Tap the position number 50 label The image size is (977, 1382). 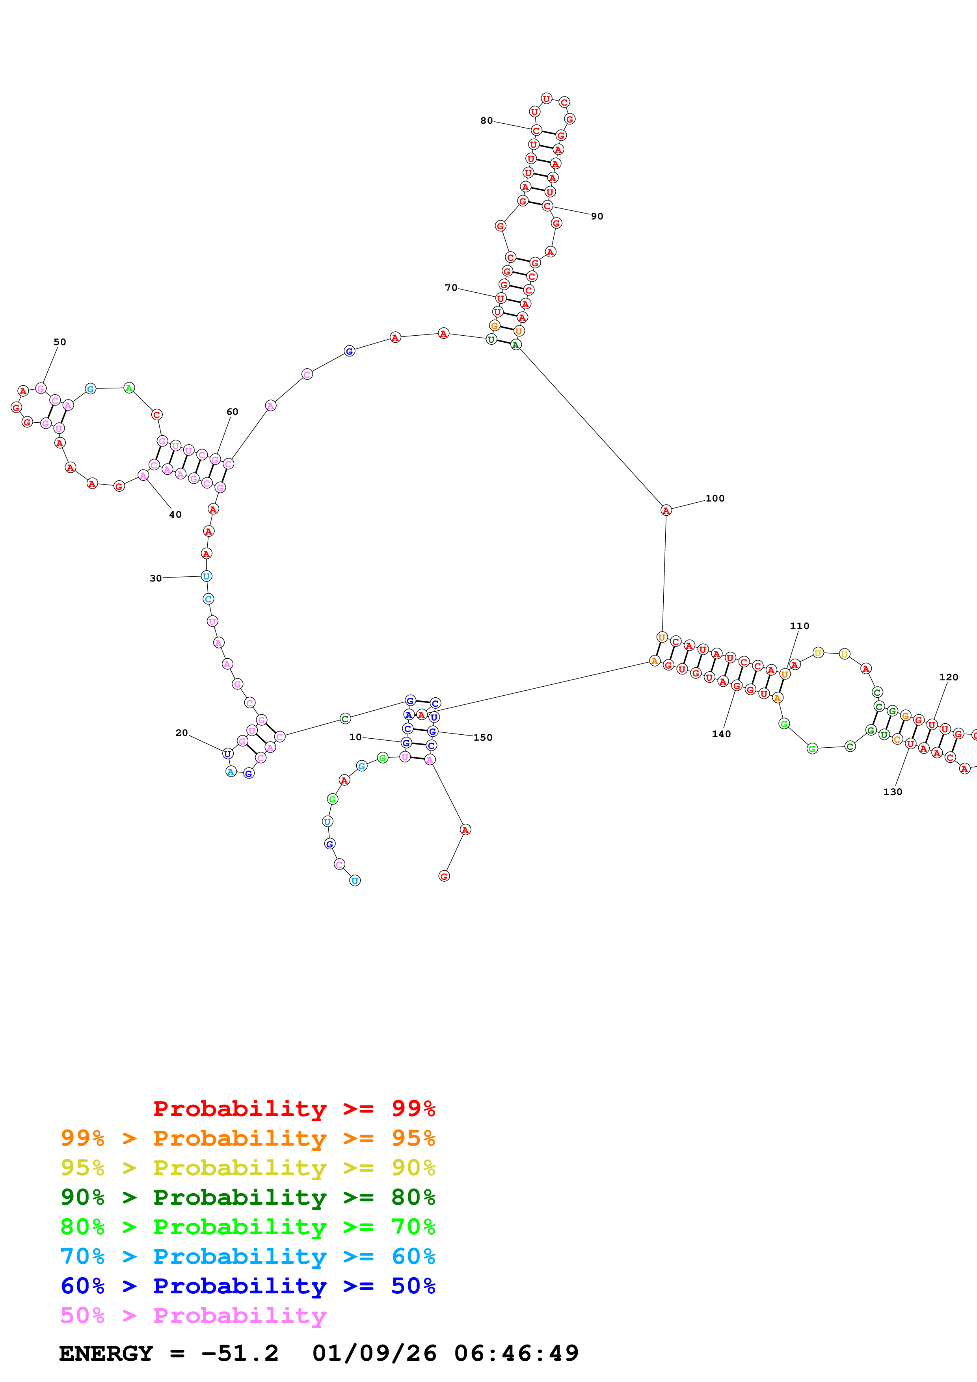[60, 342]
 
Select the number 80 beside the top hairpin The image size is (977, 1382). [486, 121]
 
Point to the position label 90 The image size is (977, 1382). [597, 217]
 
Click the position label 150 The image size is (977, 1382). [483, 737]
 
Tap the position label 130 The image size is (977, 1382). [892, 792]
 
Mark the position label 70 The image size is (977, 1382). [451, 288]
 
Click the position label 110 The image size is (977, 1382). [799, 626]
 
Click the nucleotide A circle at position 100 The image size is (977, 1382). [666, 511]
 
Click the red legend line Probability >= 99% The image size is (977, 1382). [294, 1108]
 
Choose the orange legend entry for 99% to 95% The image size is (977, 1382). [248, 1138]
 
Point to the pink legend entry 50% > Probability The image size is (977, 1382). [193, 1315]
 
